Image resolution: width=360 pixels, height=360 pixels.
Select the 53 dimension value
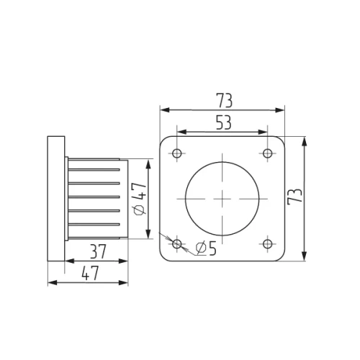point(223,122)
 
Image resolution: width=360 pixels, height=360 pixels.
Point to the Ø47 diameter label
point(140,199)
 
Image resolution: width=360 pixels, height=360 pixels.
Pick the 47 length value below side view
point(90,273)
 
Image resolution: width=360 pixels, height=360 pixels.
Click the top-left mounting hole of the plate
point(177,153)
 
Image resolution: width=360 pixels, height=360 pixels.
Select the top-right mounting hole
point(268,153)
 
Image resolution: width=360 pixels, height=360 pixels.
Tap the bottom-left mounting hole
point(177,243)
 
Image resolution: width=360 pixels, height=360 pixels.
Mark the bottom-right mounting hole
point(268,243)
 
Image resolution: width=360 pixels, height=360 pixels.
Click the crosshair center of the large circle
point(222,198)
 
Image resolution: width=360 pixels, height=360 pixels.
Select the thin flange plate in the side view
point(55,198)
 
